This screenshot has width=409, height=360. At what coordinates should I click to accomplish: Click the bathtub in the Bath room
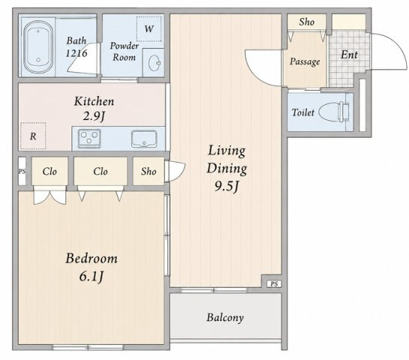(x=38, y=47)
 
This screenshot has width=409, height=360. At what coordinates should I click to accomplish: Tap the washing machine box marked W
(x=149, y=28)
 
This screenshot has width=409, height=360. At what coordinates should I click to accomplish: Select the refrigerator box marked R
(x=33, y=136)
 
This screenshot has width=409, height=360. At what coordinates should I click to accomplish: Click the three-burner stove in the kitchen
(x=89, y=138)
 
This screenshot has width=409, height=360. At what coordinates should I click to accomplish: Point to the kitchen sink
(x=144, y=139)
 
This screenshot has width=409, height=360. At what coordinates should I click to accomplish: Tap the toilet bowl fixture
(x=334, y=112)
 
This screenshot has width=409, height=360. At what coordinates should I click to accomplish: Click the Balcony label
(x=225, y=317)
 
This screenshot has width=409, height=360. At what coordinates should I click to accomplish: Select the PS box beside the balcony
(x=274, y=283)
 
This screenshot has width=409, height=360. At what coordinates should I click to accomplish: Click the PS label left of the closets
(x=23, y=171)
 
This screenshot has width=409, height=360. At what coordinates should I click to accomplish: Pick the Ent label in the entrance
(x=349, y=55)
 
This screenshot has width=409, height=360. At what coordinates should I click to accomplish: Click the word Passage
(x=305, y=61)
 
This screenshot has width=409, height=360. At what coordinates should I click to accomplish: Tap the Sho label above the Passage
(x=307, y=22)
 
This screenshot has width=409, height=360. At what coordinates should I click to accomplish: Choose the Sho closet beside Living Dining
(x=149, y=171)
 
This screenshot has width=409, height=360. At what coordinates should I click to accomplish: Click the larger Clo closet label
(x=101, y=171)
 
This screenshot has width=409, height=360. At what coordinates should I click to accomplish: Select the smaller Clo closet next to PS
(x=50, y=171)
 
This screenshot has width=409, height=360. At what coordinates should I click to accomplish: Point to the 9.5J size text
(x=227, y=187)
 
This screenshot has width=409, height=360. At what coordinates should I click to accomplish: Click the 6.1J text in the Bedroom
(x=92, y=276)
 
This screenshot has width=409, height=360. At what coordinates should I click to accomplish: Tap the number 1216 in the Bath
(x=76, y=53)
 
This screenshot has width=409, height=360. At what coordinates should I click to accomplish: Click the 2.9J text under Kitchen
(x=94, y=116)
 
